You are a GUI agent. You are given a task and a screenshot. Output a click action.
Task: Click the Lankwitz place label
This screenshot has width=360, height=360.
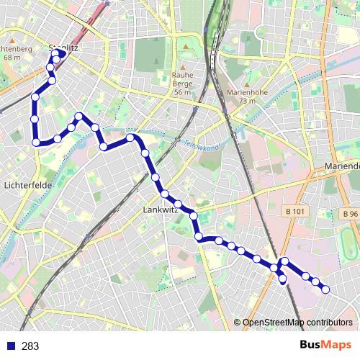[161, 210]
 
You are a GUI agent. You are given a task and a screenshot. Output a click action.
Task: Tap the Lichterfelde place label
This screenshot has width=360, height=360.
[26, 185]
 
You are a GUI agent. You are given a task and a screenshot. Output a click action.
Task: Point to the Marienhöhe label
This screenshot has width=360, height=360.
[246, 92]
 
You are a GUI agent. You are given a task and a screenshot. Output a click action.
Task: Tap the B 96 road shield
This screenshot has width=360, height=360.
[350, 214]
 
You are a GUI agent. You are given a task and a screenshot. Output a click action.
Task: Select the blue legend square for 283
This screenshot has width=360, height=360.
[10, 346]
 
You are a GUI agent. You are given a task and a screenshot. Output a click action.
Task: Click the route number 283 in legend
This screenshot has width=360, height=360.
[30, 346]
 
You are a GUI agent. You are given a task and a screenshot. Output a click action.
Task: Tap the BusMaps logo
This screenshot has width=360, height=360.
[325, 346]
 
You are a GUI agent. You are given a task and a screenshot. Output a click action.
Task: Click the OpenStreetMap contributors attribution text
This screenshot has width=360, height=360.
[297, 323]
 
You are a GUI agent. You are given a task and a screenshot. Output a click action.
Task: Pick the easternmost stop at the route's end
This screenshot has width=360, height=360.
[325, 289]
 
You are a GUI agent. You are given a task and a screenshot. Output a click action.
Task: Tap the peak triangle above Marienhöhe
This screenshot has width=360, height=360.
[246, 84]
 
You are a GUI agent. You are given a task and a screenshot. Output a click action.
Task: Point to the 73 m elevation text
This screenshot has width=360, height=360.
[246, 101]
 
